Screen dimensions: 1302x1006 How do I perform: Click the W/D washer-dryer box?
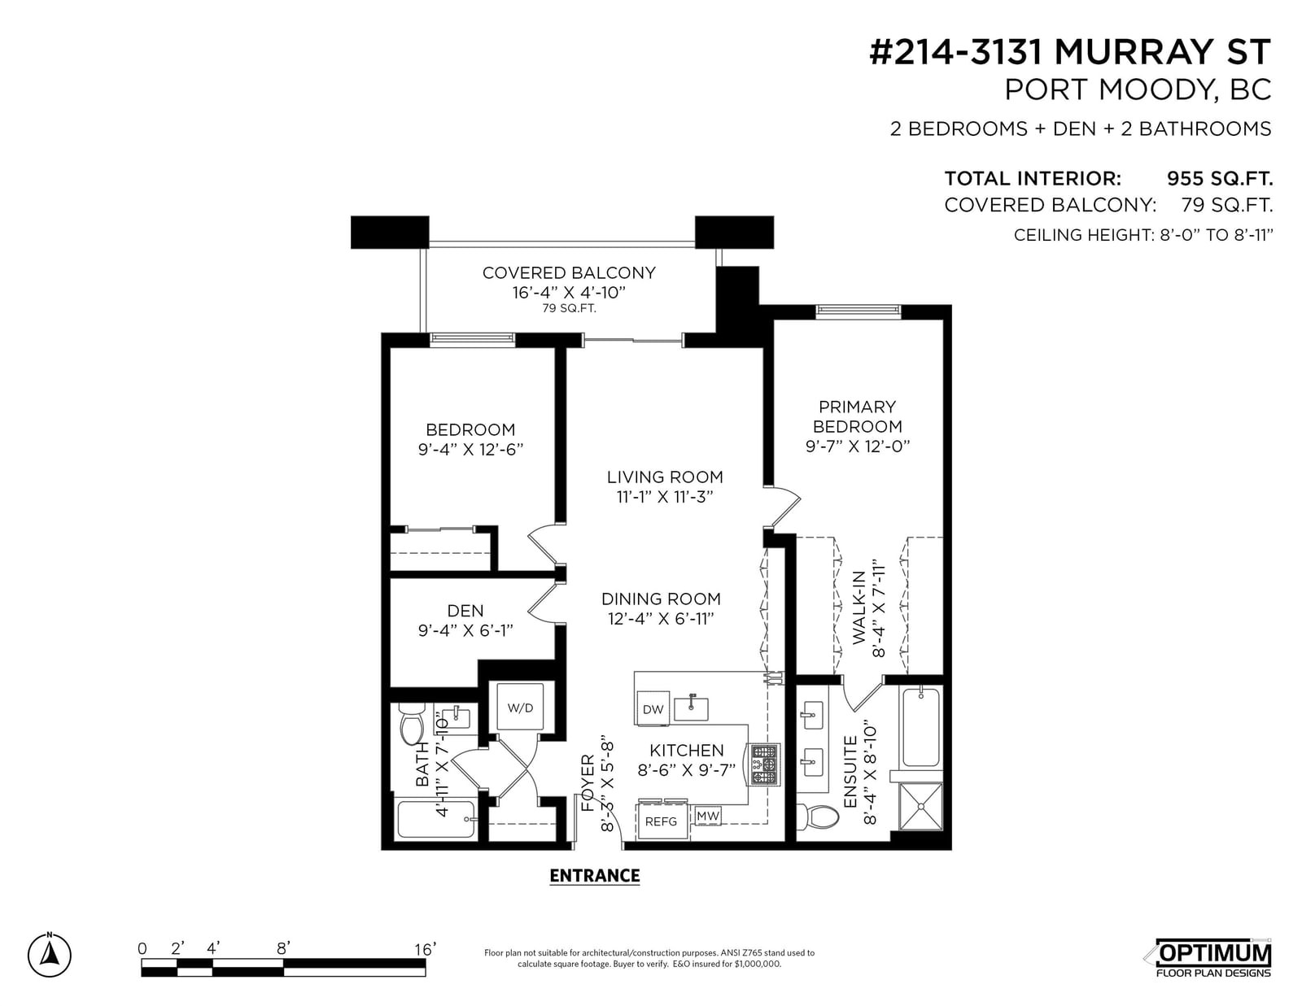[x=520, y=707]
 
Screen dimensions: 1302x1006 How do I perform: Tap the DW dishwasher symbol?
[x=653, y=708]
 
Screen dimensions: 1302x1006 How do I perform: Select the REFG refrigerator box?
[x=661, y=821]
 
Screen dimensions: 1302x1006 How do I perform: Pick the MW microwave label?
[x=708, y=815]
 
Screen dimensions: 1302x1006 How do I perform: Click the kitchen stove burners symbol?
[x=764, y=764]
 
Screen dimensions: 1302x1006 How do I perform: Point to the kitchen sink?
[x=691, y=708]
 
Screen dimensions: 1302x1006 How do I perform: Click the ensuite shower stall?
[x=921, y=807]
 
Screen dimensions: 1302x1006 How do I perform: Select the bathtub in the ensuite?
[x=920, y=727]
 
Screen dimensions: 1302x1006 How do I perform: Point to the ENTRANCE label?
[x=594, y=875]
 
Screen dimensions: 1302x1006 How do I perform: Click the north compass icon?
[x=50, y=955]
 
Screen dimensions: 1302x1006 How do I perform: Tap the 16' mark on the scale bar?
[x=425, y=949]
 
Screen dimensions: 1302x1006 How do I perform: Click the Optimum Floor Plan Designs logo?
[x=1212, y=957]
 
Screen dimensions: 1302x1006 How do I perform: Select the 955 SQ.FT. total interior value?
[x=1219, y=178]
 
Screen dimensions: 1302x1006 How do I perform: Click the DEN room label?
[x=465, y=611]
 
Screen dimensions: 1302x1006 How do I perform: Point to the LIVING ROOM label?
[x=665, y=477]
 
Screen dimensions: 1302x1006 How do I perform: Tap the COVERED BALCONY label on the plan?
[x=569, y=273]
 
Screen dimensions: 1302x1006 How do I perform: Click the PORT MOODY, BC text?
[x=1138, y=89]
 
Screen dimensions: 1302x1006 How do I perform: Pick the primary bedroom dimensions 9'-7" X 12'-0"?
[x=858, y=446]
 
